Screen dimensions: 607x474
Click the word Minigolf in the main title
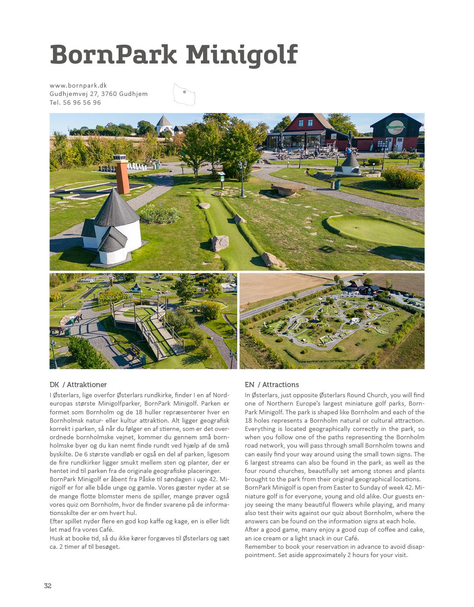pyautogui.click(x=242, y=56)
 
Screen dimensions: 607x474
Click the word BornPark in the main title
pyautogui.click(x=113, y=55)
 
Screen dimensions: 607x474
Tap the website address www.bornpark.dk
pyautogui.click(x=78, y=85)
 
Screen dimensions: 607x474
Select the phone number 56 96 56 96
pyautogui.click(x=82, y=102)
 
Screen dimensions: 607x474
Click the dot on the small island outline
pyautogui.click(x=185, y=92)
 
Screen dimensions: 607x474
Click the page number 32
pyautogui.click(x=48, y=586)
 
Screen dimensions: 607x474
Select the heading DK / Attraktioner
pyautogui.click(x=78, y=385)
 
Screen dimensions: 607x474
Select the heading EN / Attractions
pyautogui.click(x=272, y=385)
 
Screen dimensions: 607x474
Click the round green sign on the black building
pyautogui.click(x=396, y=127)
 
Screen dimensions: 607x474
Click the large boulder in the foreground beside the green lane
pyautogui.click(x=219, y=243)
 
